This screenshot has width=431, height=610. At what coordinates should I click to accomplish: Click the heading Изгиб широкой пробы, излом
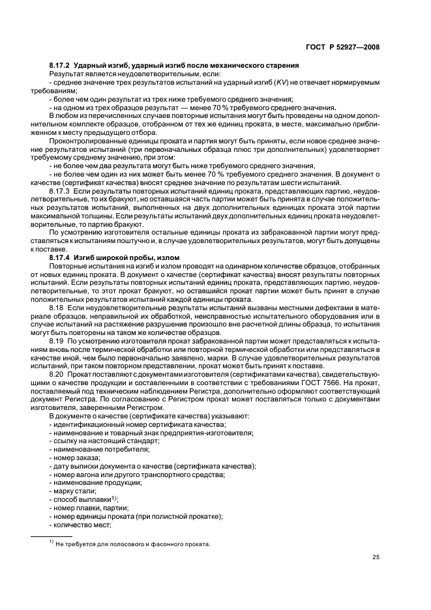point(124,258)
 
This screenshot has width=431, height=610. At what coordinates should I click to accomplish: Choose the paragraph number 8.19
point(57,341)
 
